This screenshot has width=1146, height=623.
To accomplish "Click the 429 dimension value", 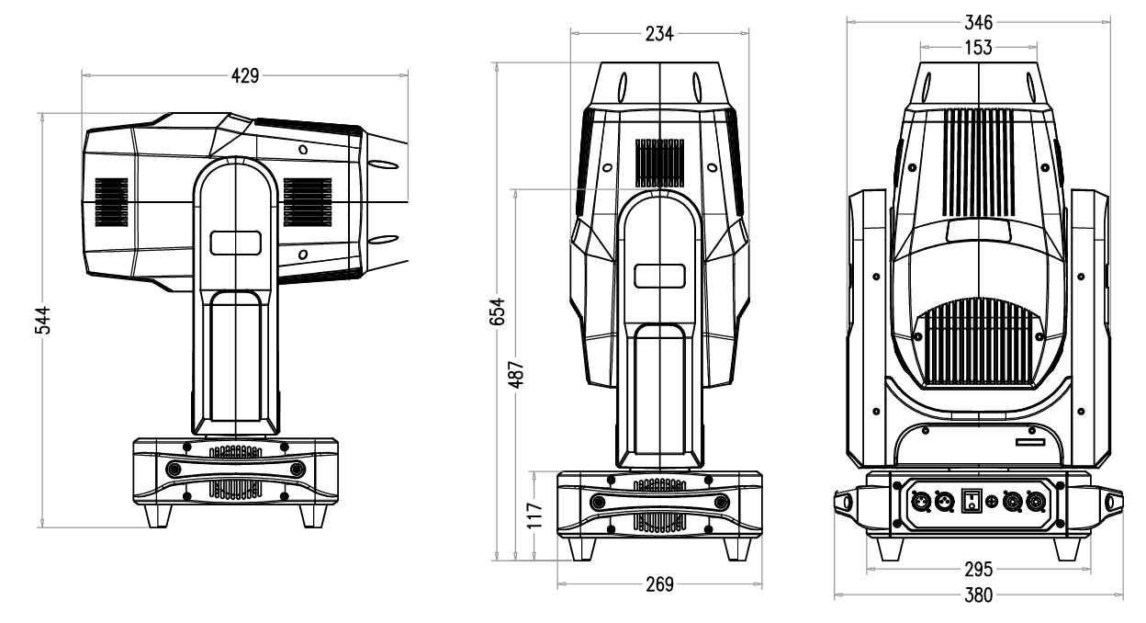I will click(243, 76).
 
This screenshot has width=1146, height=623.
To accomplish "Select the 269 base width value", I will click(659, 583).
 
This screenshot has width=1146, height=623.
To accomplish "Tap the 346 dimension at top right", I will click(979, 24).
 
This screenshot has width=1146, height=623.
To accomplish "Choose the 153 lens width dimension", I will click(979, 48).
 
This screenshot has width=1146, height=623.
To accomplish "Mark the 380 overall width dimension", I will click(979, 595).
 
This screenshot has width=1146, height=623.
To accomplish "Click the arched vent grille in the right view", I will click(979, 345).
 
